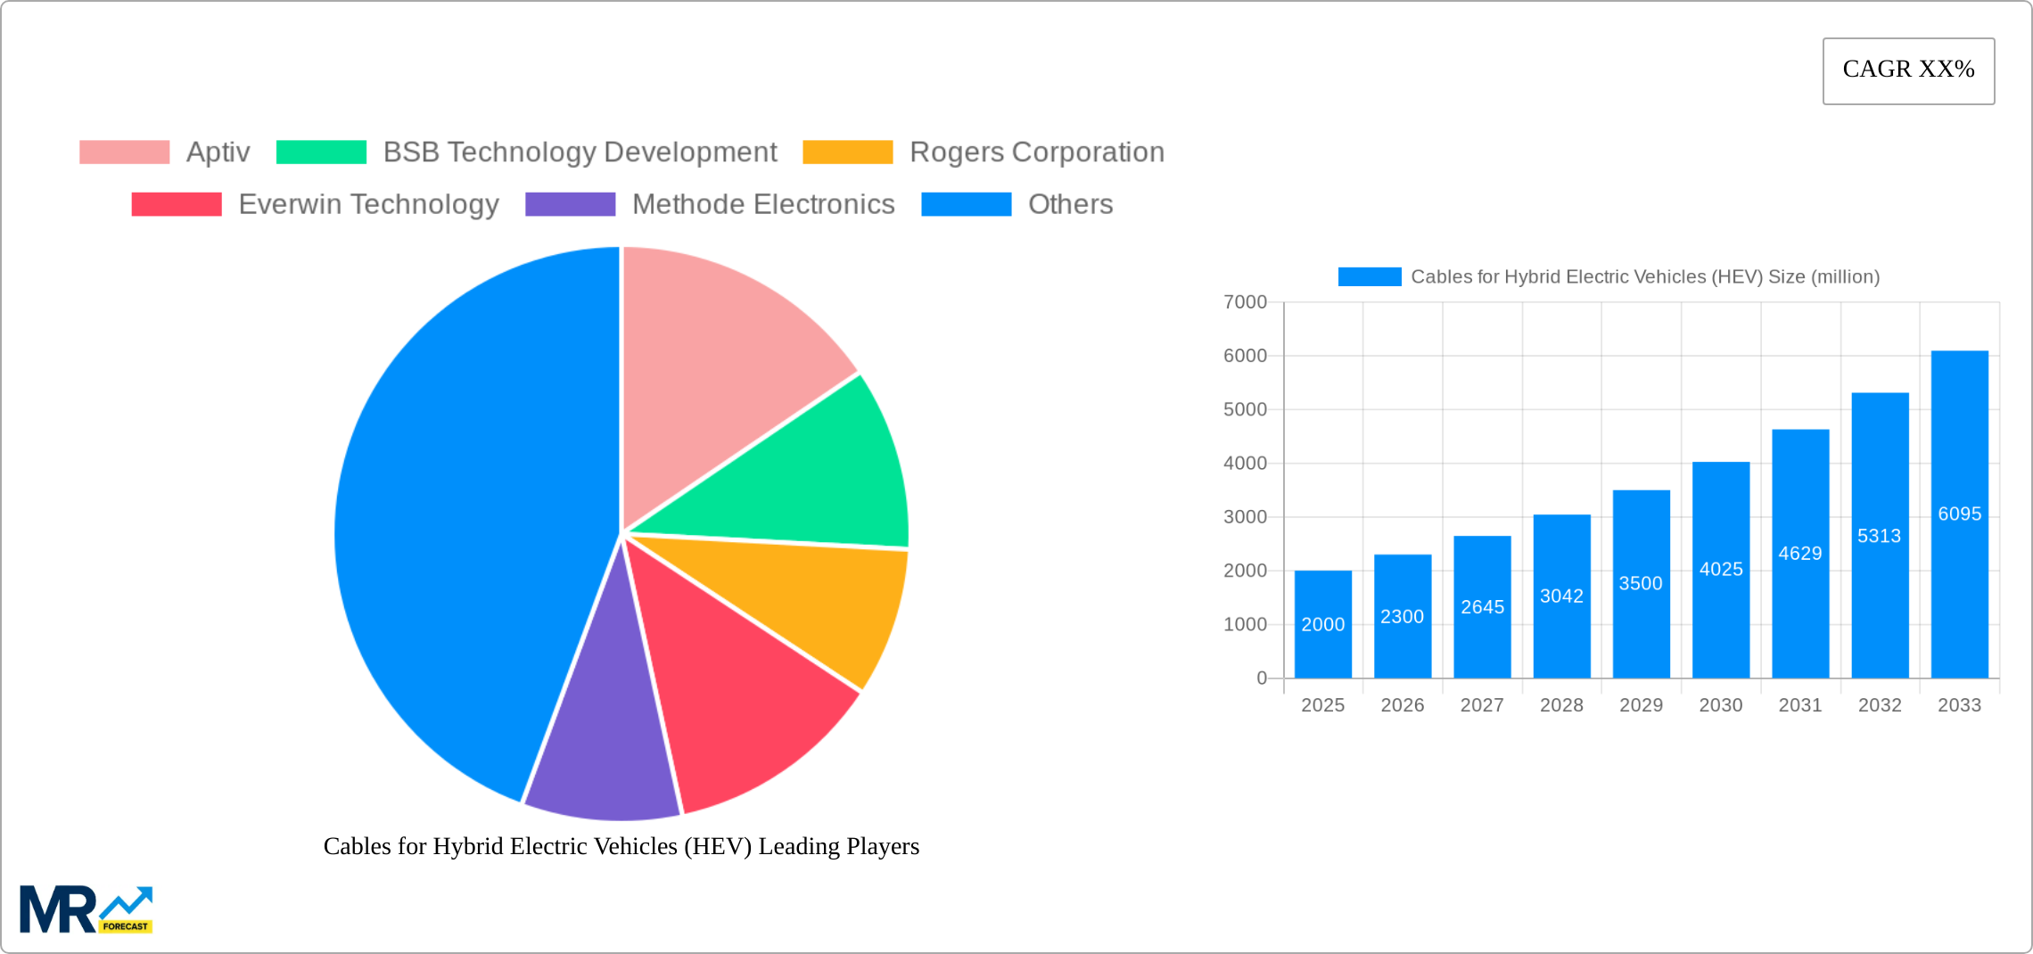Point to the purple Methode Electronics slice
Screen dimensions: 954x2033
click(x=606, y=749)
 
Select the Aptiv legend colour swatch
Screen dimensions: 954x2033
click(x=125, y=152)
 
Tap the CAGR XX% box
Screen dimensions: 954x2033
click(x=1908, y=70)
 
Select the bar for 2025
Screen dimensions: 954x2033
click(x=1322, y=624)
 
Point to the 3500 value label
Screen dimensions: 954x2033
click(x=1641, y=583)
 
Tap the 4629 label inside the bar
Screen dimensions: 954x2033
click(x=1800, y=554)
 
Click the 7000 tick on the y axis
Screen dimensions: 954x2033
click(x=1245, y=302)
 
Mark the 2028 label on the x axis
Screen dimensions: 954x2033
click(x=1561, y=705)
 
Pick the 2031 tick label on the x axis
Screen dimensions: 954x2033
click(x=1800, y=705)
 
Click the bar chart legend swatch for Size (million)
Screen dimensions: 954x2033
click(x=1369, y=277)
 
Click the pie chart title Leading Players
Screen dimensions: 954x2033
click(x=621, y=846)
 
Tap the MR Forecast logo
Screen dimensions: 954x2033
click(x=86, y=909)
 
